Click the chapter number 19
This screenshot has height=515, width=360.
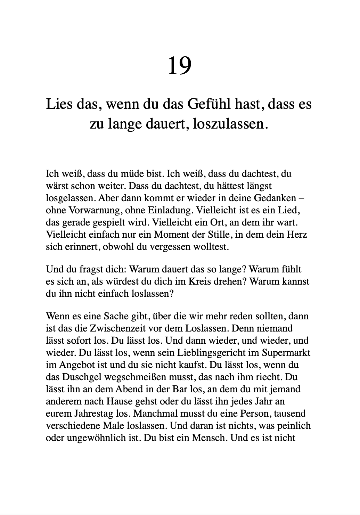pos(180,66)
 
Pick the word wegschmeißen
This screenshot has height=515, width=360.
pos(137,377)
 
